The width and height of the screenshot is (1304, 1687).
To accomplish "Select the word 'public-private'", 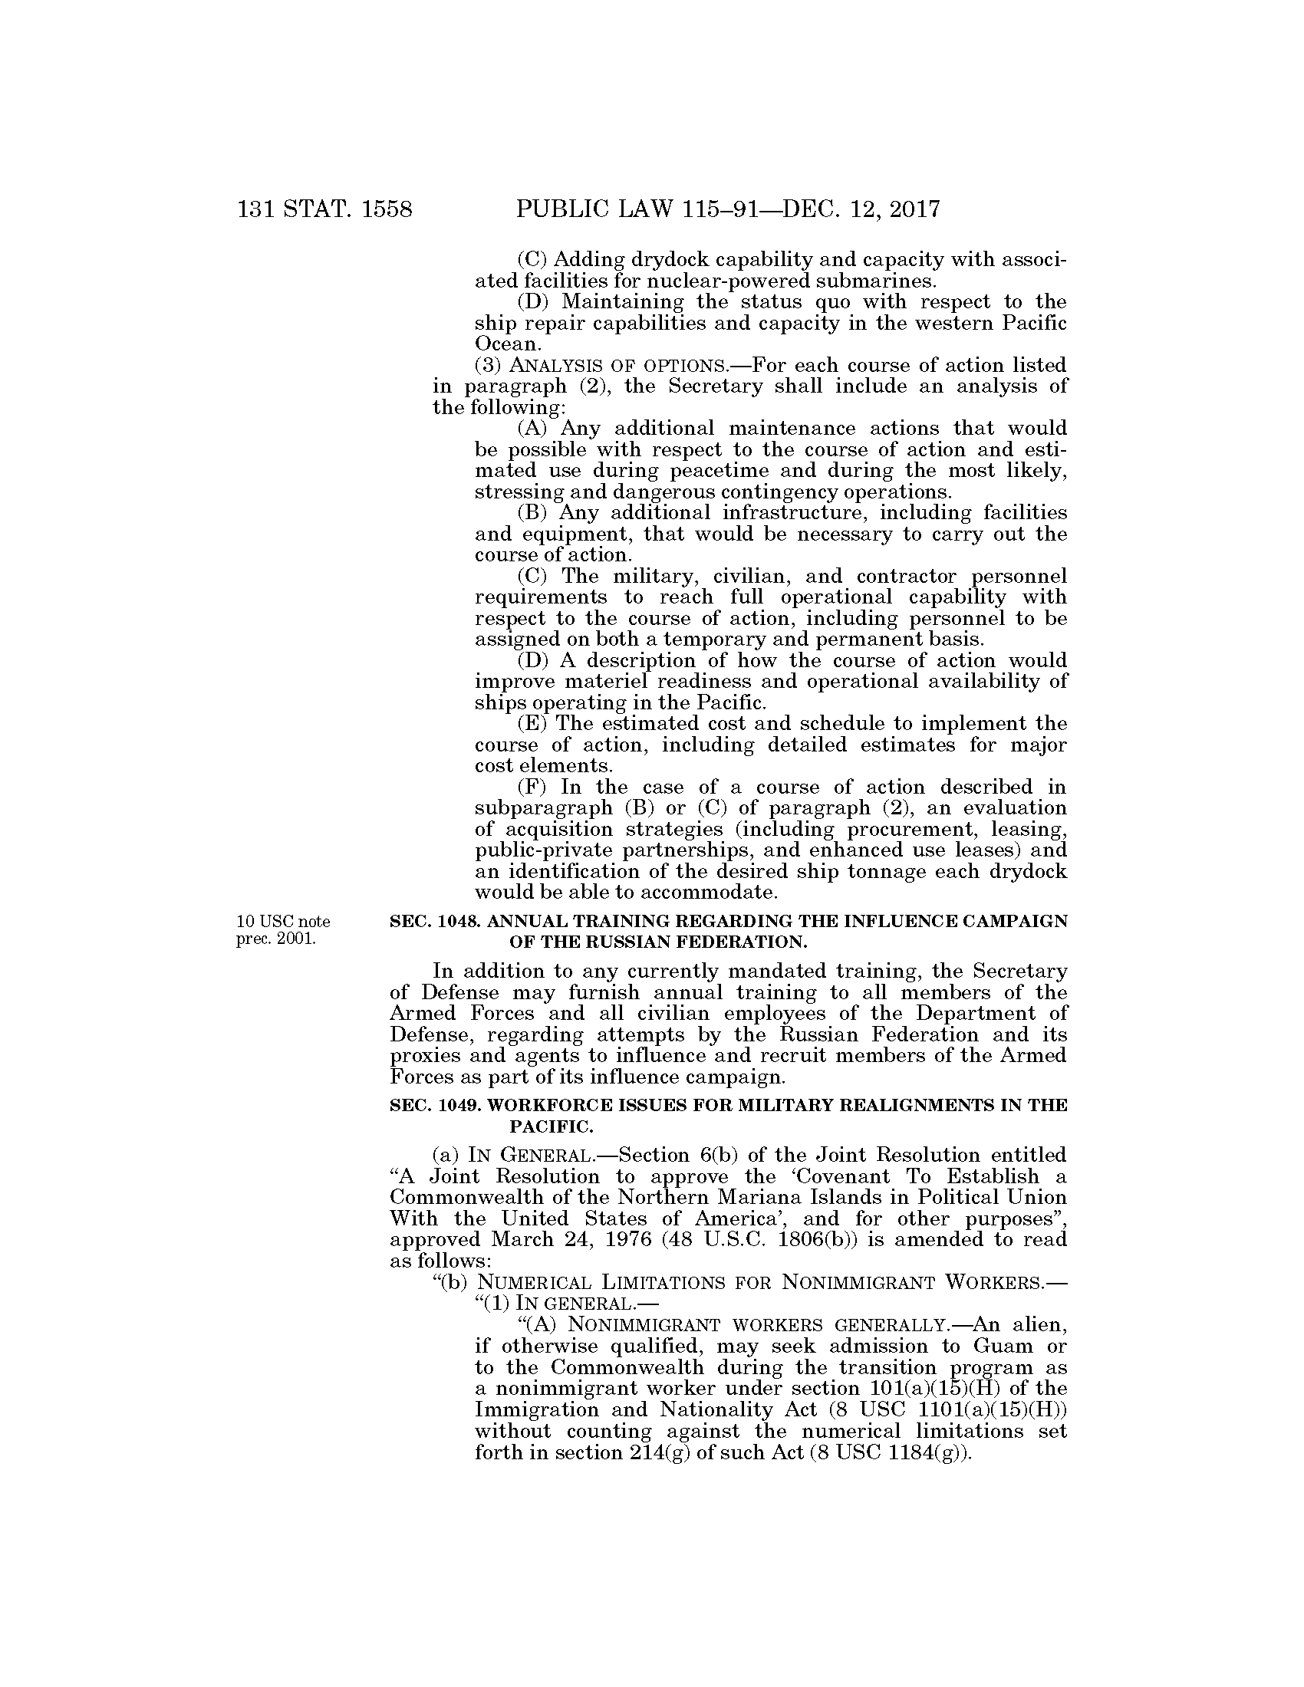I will click(541, 850).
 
